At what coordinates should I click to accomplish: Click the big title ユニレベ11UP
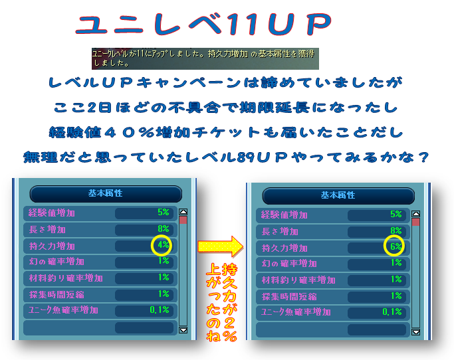[x=203, y=26]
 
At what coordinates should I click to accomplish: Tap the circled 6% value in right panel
[x=396, y=246]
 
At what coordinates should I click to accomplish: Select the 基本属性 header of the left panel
[x=106, y=194]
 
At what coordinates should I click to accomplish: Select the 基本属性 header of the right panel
[x=338, y=196]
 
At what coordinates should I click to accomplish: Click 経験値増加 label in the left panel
[x=52, y=213]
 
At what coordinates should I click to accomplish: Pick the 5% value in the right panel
[x=396, y=215]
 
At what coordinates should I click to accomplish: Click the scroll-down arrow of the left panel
[x=183, y=329]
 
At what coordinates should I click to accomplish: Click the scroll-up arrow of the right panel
[x=416, y=214]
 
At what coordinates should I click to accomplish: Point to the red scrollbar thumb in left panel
[x=183, y=220]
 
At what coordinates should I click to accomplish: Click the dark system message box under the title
[x=205, y=58]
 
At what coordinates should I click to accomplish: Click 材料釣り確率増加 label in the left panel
[x=65, y=278]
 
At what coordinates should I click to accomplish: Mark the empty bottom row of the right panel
[x=332, y=329]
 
